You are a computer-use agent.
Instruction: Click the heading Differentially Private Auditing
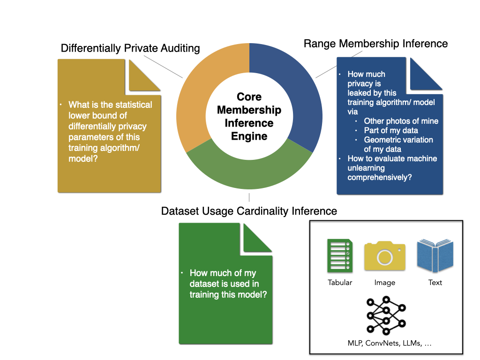pyautogui.click(x=130, y=48)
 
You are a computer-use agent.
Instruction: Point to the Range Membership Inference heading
pyautogui.click(x=375, y=44)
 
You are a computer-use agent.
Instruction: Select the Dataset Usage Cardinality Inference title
pyautogui.click(x=249, y=211)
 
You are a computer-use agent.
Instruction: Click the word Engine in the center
pyautogui.click(x=249, y=136)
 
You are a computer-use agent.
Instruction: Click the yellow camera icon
pyautogui.click(x=384, y=255)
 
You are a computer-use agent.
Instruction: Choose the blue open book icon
pyautogui.click(x=435, y=256)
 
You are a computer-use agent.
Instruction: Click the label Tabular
pyautogui.click(x=340, y=283)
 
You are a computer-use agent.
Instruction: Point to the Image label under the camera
pyautogui.click(x=384, y=283)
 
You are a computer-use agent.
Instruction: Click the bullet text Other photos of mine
pyautogui.click(x=401, y=121)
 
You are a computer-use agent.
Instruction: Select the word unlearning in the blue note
pyautogui.click(x=366, y=168)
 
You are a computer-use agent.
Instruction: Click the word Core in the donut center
pyautogui.click(x=249, y=97)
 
